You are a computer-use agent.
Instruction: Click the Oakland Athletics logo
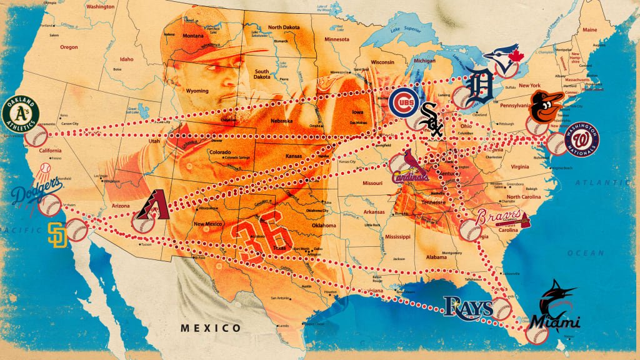[x=21, y=113]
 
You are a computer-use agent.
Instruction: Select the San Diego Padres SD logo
[x=57, y=234]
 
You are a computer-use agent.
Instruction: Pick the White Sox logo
[x=432, y=120]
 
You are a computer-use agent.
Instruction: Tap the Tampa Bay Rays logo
[x=468, y=306]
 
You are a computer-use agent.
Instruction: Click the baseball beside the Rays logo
[x=501, y=309]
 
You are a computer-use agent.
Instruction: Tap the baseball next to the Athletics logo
[x=36, y=135]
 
